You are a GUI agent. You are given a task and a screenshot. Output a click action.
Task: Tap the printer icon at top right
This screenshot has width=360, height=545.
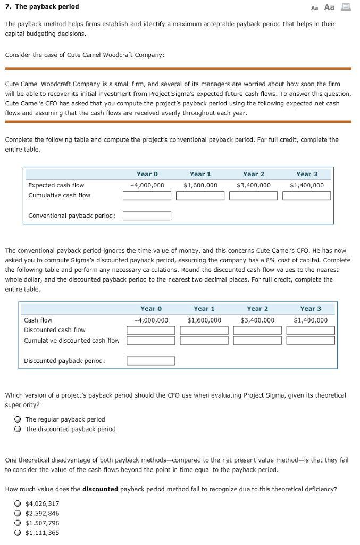[346, 7]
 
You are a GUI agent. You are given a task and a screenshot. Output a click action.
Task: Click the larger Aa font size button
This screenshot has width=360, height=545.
[329, 7]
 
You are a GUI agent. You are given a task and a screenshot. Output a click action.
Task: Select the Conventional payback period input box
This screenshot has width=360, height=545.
[147, 216]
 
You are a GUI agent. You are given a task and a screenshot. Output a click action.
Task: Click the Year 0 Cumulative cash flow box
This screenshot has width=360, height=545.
[147, 195]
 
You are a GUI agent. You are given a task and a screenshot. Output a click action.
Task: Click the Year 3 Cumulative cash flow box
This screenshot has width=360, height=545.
[306, 195]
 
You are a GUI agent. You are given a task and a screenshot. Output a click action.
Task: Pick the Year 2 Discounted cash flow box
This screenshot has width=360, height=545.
[257, 330]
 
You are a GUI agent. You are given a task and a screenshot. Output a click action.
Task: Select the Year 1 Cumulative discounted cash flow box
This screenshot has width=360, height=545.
[204, 341]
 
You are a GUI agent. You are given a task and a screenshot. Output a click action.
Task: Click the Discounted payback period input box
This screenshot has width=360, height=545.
[150, 361]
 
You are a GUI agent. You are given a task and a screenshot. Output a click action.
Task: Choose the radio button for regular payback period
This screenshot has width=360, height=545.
[18, 419]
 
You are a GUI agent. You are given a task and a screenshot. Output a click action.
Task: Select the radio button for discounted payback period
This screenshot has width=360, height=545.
[18, 429]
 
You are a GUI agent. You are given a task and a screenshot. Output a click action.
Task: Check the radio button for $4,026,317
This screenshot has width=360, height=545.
[18, 503]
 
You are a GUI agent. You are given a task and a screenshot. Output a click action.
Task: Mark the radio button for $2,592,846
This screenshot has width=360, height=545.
[18, 513]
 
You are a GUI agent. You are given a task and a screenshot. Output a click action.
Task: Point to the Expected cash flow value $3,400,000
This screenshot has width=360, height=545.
[253, 185]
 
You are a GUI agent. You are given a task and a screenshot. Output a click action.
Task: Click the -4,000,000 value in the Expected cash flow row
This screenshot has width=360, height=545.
[147, 185]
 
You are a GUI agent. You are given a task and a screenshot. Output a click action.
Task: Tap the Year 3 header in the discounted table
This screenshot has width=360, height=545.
[311, 309]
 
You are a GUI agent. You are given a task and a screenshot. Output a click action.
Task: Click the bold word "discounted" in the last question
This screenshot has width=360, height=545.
[100, 489]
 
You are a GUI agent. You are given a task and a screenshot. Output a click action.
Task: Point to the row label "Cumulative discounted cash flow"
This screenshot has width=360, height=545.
[72, 341]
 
